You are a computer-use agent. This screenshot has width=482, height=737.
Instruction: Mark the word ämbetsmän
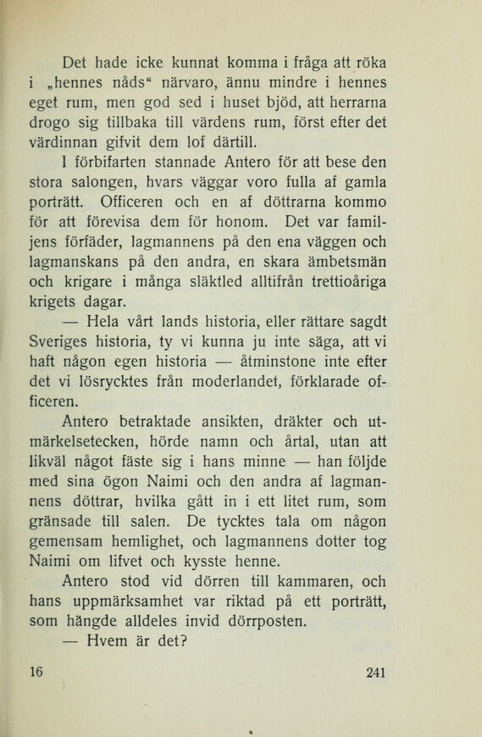(351, 263)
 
